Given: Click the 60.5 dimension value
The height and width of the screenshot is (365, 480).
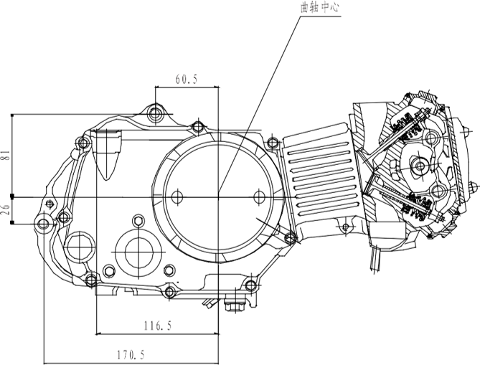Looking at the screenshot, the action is point(187,80).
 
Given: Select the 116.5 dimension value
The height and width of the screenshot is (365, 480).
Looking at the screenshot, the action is point(158,326).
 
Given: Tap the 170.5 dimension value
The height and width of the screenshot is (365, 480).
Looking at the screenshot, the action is point(131,355).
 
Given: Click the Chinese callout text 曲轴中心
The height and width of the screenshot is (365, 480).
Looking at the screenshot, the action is point(320,7).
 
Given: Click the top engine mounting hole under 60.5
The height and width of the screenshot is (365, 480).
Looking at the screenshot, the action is point(155,114).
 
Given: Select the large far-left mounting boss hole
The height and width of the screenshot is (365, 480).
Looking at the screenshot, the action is point(42,224).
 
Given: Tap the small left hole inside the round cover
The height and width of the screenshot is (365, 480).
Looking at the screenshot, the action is point(177,196).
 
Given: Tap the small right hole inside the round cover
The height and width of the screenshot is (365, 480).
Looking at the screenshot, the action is point(259,196).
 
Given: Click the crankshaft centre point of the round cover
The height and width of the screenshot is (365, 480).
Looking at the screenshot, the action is point(219,196).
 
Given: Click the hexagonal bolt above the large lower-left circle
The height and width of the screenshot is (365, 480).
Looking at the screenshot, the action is point(138,221).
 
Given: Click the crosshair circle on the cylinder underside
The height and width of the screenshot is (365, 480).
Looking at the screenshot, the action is point(346,227).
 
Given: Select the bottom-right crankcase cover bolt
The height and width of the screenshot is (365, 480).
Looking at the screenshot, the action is point(250,285).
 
